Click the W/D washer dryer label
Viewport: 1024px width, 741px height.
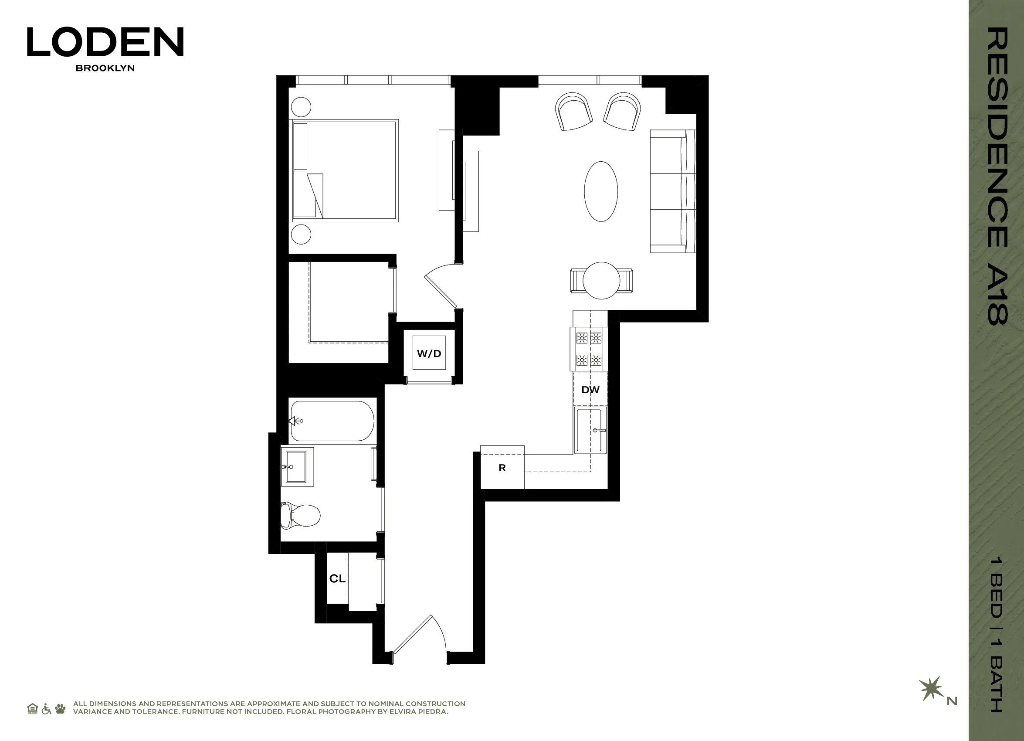coord(428,354)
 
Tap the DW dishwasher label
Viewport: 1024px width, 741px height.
coord(590,390)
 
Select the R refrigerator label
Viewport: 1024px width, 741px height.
coord(502,468)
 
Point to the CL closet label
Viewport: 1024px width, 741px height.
coord(337,578)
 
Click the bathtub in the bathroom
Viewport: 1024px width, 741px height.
coord(332,421)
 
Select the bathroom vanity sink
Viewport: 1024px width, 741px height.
coord(297,467)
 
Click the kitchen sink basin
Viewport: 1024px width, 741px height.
coord(590,430)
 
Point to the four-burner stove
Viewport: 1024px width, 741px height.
coord(589,349)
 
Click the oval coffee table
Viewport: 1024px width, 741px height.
coord(600,191)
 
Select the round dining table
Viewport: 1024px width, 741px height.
coord(601,280)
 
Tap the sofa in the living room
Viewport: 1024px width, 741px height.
coord(672,191)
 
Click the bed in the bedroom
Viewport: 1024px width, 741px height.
coord(346,171)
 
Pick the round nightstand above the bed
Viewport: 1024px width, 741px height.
coord(301,107)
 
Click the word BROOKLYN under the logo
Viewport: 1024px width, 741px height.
coord(105,68)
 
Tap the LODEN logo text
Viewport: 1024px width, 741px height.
coord(105,41)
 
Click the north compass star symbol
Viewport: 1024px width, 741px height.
coord(931,688)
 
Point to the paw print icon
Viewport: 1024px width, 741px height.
coord(60,708)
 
